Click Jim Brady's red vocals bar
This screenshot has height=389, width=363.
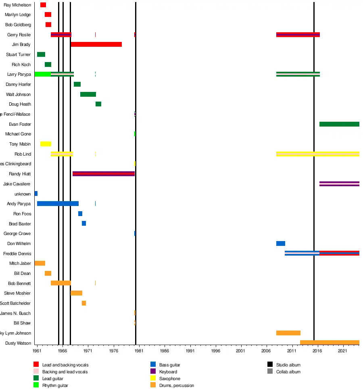click(x=96, y=44)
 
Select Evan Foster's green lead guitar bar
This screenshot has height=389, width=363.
click(x=339, y=124)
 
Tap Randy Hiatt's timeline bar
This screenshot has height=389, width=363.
click(x=103, y=174)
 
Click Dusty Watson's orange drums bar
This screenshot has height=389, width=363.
click(x=329, y=343)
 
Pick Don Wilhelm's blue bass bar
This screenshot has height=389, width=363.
click(x=280, y=243)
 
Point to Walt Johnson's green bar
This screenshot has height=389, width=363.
click(x=88, y=94)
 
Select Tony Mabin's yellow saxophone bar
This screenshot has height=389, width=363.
click(x=46, y=144)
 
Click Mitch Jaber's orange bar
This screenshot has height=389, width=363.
click(x=40, y=263)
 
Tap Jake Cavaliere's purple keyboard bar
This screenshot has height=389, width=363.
click(x=339, y=184)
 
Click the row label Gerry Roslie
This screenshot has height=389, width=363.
click(x=19, y=35)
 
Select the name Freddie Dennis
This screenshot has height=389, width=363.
click(x=17, y=254)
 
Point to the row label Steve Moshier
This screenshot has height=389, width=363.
click(x=17, y=293)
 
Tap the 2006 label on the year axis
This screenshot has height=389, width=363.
click(x=267, y=351)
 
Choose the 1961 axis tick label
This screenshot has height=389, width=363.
click(x=37, y=351)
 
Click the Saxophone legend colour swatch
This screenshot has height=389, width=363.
click(x=153, y=378)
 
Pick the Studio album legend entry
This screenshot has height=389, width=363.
click(x=288, y=365)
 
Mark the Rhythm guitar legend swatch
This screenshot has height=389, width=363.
click(x=36, y=385)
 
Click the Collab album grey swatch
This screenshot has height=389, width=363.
click(x=270, y=371)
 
